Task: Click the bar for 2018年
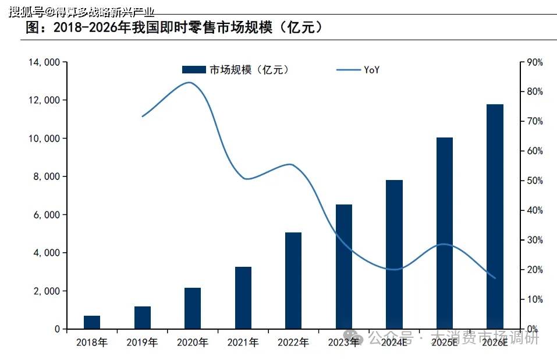click(x=92, y=322)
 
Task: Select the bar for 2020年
click(x=193, y=308)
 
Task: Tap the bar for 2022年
click(x=293, y=281)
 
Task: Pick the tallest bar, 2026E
click(x=495, y=217)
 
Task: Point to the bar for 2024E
click(x=394, y=255)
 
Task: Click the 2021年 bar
click(x=243, y=298)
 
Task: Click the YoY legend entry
click(x=359, y=70)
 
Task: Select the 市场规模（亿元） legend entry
click(x=236, y=70)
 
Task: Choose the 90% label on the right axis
click(x=534, y=62)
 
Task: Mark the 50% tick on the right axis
click(x=534, y=181)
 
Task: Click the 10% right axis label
click(x=534, y=299)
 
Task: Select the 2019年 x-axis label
click(x=142, y=343)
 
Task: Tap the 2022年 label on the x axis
click(x=293, y=343)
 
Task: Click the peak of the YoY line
click(x=189, y=82)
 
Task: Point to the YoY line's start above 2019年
click(x=143, y=117)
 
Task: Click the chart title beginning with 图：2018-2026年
click(x=175, y=27)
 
